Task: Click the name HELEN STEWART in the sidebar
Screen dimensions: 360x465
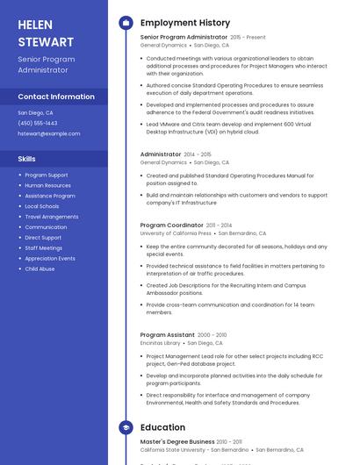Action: point(46,33)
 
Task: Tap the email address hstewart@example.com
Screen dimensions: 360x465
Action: point(48,133)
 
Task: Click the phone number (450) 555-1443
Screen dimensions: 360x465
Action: point(38,123)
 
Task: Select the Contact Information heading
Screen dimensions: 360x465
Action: point(56,97)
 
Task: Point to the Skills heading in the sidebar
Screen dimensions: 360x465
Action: point(27,159)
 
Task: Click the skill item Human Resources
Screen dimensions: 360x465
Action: point(48,185)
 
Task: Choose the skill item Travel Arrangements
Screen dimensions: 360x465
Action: point(52,217)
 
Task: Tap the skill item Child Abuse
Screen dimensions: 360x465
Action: point(40,268)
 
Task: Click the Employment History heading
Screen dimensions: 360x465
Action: point(184,23)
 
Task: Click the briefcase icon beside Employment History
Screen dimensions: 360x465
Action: point(126,23)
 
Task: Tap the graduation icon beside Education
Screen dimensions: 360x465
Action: point(126,427)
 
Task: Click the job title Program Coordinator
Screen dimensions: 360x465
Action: point(172,225)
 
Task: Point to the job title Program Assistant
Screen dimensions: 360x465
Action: point(168,334)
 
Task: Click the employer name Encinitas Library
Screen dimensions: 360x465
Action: point(160,343)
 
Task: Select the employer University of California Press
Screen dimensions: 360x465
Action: point(176,233)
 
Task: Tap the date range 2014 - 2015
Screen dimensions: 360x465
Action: point(198,154)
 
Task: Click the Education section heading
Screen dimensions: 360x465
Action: point(162,427)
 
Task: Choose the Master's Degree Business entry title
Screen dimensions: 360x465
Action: point(177,441)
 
